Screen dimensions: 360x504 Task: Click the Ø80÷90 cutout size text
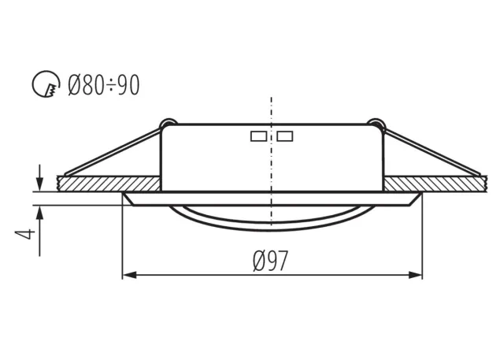pos(104,84)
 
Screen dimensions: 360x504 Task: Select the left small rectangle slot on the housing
pos(257,135)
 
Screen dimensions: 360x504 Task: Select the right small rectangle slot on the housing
pos(285,135)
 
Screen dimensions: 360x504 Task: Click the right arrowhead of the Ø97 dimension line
pos(417,274)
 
